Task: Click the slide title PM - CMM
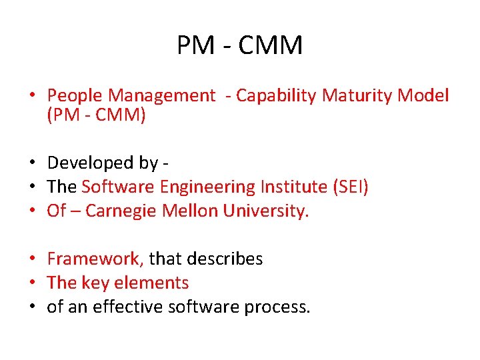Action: (x=240, y=45)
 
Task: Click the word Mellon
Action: (x=194, y=211)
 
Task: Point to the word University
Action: (x=266, y=211)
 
